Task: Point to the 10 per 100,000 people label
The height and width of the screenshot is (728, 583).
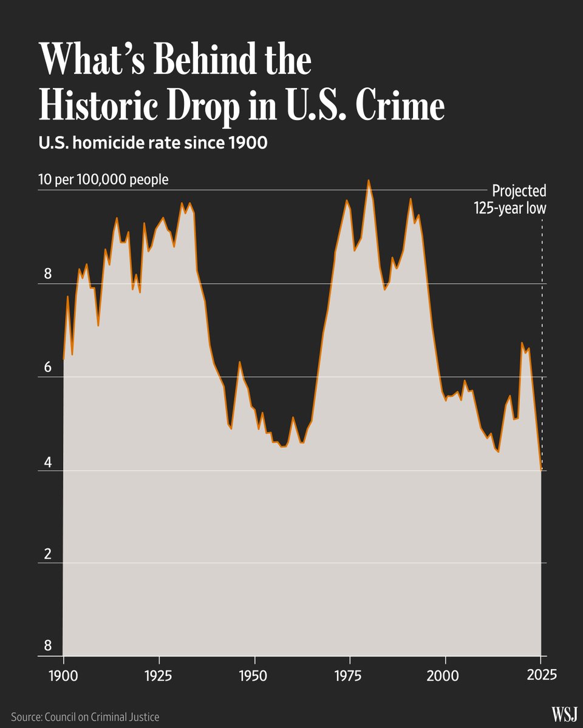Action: pyautogui.click(x=103, y=180)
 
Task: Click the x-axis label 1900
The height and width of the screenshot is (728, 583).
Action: pyautogui.click(x=64, y=675)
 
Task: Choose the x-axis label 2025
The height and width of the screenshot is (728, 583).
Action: pyautogui.click(x=540, y=675)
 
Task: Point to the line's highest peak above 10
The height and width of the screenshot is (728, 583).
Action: pyautogui.click(x=369, y=180)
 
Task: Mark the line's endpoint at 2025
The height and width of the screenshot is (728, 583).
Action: pyautogui.click(x=541, y=470)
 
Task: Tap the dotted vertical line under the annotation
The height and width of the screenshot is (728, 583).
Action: pyautogui.click(x=542, y=340)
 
